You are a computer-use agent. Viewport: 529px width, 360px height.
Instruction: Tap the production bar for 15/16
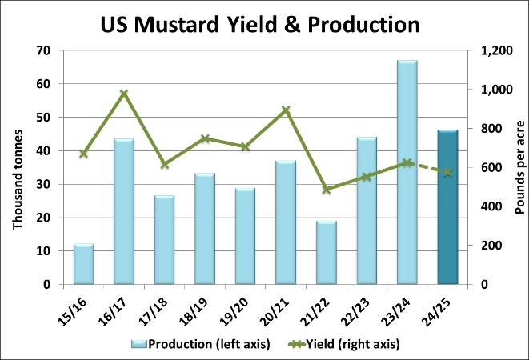click(83, 264)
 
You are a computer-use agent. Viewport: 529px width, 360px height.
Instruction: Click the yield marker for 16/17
click(124, 94)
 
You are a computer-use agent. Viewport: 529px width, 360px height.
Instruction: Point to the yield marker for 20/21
click(286, 110)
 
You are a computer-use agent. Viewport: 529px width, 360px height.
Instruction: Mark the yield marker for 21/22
click(326, 190)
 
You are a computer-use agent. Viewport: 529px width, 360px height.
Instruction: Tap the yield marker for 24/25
click(447, 172)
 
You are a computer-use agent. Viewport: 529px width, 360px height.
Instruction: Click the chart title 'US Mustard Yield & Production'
click(260, 24)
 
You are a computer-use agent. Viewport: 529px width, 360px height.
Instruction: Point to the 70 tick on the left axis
click(42, 50)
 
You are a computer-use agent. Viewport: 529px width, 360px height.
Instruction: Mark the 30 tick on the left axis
click(42, 184)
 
